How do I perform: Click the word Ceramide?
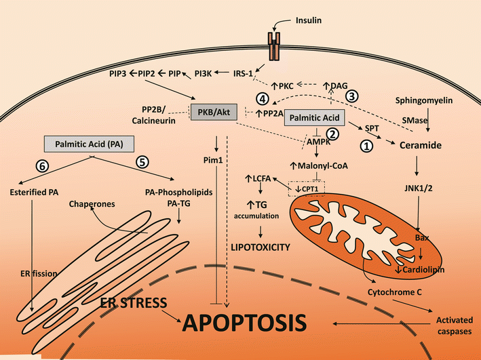419,145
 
